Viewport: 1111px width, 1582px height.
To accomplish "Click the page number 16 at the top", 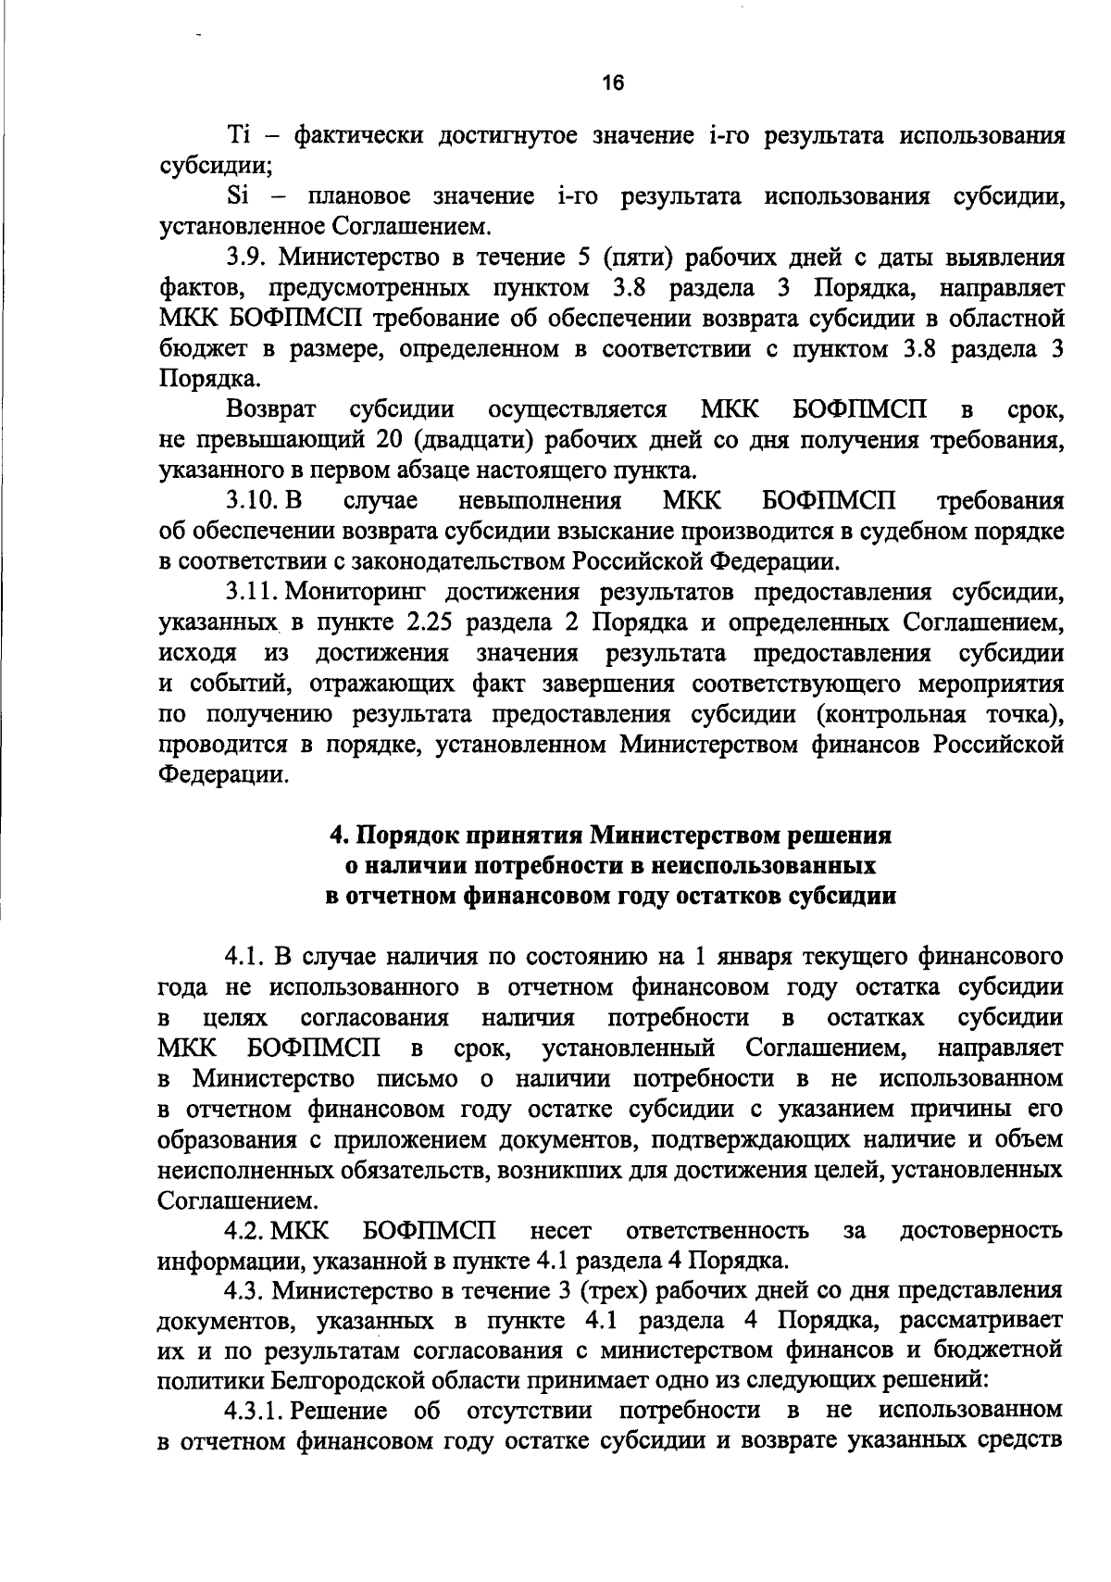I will (613, 82).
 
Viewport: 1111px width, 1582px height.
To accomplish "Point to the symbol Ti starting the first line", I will (240, 136).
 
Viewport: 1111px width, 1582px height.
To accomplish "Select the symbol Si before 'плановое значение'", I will (239, 196).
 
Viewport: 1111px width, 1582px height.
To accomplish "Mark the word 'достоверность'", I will (980, 1231).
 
